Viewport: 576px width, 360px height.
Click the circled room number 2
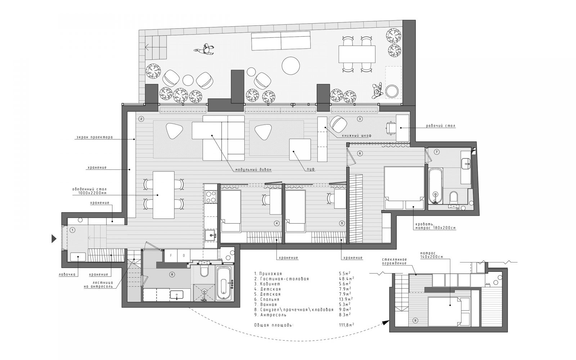click(141, 119)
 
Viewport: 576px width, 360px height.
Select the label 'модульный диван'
click(253, 170)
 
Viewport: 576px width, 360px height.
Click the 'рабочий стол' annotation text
click(441, 126)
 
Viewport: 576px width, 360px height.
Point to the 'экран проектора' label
click(94, 137)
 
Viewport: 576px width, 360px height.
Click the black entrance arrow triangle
click(54, 239)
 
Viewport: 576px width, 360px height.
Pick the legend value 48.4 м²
click(346, 279)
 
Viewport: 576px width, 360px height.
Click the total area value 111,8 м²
click(346, 325)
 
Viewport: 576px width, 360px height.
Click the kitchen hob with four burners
click(211, 197)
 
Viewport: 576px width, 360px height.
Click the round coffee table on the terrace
click(291, 66)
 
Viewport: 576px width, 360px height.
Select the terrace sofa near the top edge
click(281, 41)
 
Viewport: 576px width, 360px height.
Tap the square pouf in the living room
click(300, 149)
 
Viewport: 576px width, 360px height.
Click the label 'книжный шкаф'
click(356, 136)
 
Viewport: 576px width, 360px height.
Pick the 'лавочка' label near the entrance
click(67, 274)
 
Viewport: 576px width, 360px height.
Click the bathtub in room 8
click(224, 283)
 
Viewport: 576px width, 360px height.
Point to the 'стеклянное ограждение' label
click(394, 261)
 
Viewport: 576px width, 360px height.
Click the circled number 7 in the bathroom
click(437, 152)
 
